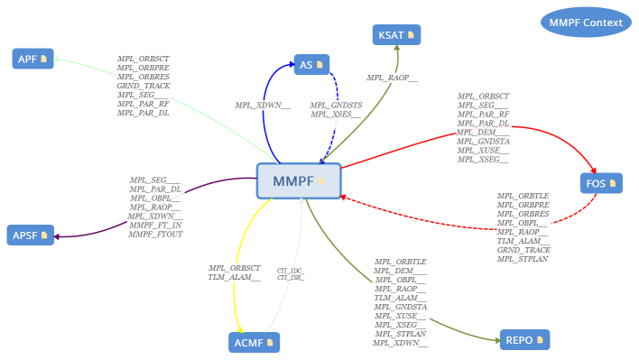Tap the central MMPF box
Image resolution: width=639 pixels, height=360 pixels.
(299, 181)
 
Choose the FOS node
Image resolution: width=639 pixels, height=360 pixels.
(600, 183)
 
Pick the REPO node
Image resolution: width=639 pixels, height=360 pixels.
(523, 341)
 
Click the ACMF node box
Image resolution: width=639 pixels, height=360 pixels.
(253, 342)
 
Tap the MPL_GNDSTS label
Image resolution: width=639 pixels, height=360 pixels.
(336, 106)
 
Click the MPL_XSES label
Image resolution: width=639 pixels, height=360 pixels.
(336, 115)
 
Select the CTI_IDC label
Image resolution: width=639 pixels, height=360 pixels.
(291, 271)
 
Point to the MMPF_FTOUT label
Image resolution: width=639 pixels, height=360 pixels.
(155, 234)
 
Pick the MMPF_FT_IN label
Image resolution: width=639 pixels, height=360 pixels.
(155, 225)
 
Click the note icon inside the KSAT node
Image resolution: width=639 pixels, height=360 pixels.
(411, 35)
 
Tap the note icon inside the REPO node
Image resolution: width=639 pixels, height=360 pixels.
(539, 341)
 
